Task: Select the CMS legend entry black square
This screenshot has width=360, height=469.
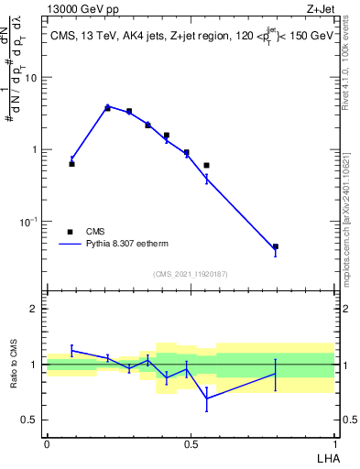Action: (x=70, y=232)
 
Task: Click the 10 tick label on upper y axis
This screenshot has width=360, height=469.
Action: (x=32, y=78)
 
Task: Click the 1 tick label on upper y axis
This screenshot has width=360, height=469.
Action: (x=36, y=149)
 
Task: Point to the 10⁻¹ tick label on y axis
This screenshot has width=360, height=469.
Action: (x=30, y=221)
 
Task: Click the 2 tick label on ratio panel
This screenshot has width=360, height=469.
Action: (x=36, y=309)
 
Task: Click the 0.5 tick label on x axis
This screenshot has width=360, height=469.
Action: (x=191, y=444)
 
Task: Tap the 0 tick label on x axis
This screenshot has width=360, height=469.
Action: (x=47, y=444)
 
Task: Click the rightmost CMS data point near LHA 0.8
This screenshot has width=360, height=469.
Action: (x=275, y=246)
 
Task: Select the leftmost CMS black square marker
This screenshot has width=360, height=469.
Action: (x=71, y=164)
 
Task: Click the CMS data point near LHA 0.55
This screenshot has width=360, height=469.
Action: (x=206, y=165)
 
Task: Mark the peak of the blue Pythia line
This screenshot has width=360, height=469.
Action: (x=107, y=106)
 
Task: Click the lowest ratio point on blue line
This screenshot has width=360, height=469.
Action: (x=206, y=398)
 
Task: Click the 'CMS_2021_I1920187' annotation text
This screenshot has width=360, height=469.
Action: (x=190, y=274)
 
